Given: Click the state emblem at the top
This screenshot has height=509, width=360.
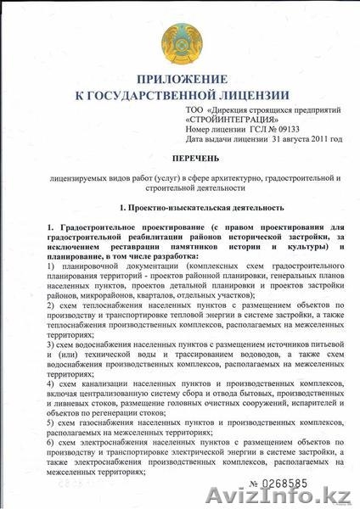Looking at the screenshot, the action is (x=180, y=39).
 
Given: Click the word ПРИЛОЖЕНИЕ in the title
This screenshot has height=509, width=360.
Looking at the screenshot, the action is (x=181, y=80).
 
